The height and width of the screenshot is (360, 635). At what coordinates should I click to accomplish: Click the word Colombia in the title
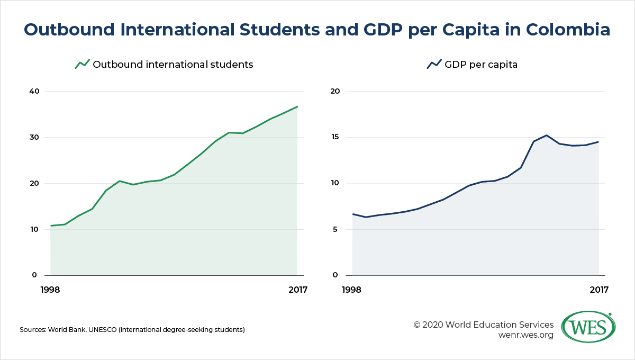568,30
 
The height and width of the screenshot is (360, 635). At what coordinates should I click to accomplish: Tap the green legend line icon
83,64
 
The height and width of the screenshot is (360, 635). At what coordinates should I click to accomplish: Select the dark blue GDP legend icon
434,64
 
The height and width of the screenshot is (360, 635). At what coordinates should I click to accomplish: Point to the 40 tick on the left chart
34,91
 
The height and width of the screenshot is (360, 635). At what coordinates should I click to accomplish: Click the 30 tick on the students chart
34,137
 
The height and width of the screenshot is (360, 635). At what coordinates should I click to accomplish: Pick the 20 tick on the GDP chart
335,91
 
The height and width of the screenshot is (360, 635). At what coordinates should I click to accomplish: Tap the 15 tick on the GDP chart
335,137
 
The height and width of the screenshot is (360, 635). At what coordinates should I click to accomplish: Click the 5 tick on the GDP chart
335,229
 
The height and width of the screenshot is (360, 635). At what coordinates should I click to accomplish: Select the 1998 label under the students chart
50,290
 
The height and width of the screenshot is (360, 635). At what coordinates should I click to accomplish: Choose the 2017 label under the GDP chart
599,290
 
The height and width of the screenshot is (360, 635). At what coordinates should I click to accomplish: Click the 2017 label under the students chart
298,290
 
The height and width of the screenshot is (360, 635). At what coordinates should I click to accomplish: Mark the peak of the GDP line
546,136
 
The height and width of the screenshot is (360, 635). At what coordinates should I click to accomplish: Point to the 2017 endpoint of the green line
297,106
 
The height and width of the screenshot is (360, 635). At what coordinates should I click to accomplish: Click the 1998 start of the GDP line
353,214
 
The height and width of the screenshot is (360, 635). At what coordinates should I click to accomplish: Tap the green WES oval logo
588,327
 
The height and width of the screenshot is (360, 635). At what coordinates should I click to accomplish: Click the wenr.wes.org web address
525,335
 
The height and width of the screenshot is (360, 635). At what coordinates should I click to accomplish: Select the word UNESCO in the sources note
102,330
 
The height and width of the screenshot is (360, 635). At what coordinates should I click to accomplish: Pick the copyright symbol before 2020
417,325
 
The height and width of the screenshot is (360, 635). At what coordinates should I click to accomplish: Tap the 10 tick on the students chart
34,229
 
